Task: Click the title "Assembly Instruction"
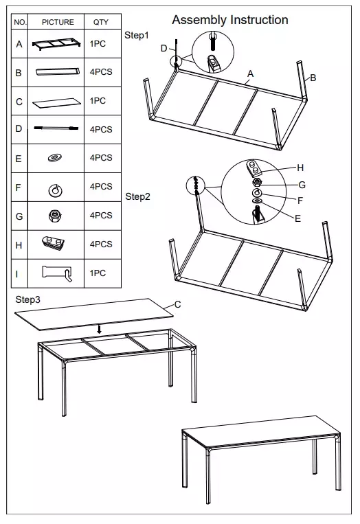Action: click(230, 20)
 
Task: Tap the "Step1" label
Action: click(137, 35)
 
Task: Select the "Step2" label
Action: click(137, 196)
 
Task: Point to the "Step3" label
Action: click(27, 299)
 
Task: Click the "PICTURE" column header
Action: click(58, 22)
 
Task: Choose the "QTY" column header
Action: click(100, 22)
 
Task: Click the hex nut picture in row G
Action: click(54, 216)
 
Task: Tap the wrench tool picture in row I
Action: click(57, 273)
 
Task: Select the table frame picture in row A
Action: click(57, 45)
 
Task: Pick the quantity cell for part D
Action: click(101, 130)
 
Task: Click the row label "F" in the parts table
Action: click(19, 187)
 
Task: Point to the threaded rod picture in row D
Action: click(56, 128)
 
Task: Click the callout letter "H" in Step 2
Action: click(300, 168)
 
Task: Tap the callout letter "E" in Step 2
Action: click(297, 218)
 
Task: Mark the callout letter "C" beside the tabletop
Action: click(177, 304)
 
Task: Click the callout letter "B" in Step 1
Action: click(313, 78)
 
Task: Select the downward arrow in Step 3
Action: click(99, 330)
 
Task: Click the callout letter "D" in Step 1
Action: click(164, 49)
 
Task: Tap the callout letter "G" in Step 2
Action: click(302, 185)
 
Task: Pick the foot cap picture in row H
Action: click(54, 243)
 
